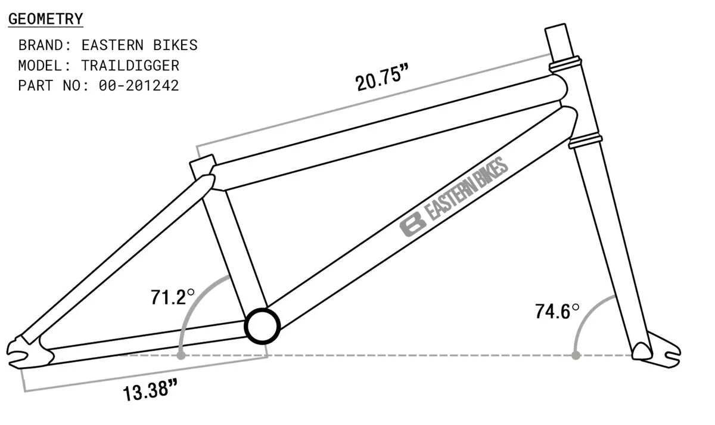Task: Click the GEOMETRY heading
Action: click(x=45, y=19)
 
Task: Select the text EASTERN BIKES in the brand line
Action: click(x=139, y=45)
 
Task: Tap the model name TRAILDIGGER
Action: click(x=130, y=65)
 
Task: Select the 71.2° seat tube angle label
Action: click(x=172, y=296)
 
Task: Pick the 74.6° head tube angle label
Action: click(x=557, y=311)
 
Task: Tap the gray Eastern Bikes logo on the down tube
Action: click(x=454, y=197)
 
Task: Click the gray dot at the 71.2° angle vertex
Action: click(x=181, y=355)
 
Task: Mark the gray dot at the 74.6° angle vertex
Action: click(x=576, y=355)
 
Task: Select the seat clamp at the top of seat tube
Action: click(x=203, y=166)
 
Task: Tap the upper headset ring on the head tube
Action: click(x=565, y=61)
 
